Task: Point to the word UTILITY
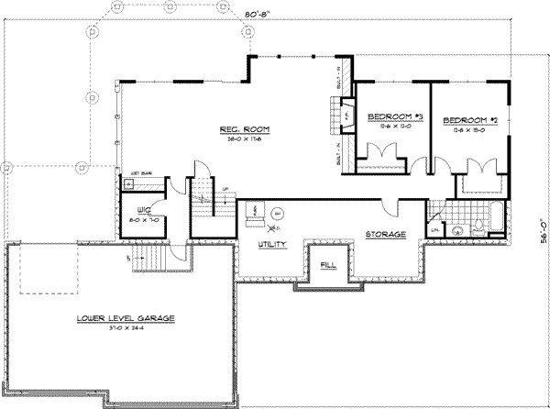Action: (273, 245)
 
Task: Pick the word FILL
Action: (328, 265)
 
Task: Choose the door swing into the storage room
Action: (392, 208)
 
